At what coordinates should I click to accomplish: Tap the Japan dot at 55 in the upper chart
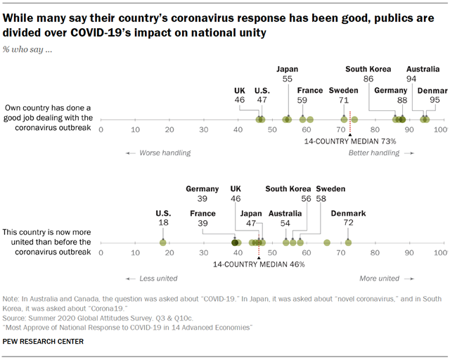click(287, 120)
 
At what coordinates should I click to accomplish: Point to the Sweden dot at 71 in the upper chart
click(344, 120)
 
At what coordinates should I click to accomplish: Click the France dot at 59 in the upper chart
click(303, 120)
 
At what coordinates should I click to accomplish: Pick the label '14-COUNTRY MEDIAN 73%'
click(350, 141)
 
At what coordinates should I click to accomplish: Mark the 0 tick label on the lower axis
click(101, 252)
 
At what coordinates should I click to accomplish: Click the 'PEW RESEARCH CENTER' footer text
click(44, 342)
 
